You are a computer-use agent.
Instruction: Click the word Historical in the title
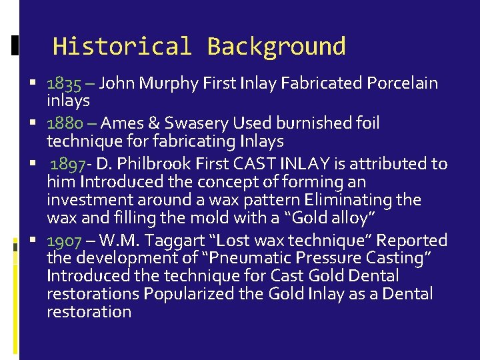click(122, 47)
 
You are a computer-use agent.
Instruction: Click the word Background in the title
click(276, 47)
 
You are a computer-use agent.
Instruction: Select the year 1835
click(64, 84)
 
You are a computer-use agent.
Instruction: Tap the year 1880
click(65, 123)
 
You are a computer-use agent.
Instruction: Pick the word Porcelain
click(402, 84)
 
